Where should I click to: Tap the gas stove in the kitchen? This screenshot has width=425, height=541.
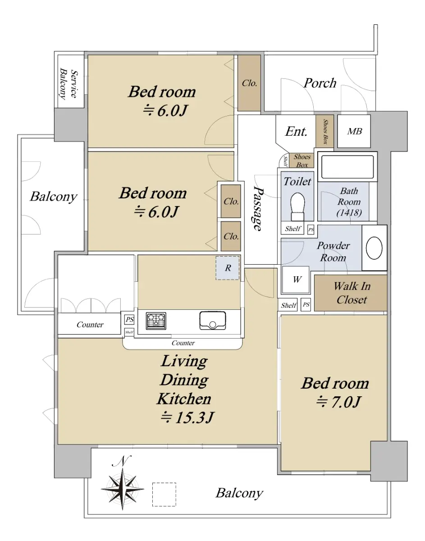156,321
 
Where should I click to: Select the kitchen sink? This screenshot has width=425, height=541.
213,321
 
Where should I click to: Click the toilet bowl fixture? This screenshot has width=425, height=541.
297,206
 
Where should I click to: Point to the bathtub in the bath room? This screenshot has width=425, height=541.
347,166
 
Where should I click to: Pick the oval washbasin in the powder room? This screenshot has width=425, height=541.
374,248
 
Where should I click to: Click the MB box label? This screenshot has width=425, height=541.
354,131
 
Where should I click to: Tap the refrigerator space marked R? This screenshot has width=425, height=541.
228,268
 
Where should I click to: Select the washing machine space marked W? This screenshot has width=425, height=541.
296,280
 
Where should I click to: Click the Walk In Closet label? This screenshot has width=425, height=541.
352,293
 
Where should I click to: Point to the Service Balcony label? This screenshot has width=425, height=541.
69,83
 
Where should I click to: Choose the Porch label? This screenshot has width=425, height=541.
320,83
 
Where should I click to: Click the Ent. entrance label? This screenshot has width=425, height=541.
296,131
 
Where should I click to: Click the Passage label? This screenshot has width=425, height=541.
258,209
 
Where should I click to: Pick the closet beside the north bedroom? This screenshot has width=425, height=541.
249,83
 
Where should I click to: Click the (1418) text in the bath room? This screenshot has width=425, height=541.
349,212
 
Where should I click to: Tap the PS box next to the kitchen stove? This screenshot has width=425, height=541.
129,320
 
